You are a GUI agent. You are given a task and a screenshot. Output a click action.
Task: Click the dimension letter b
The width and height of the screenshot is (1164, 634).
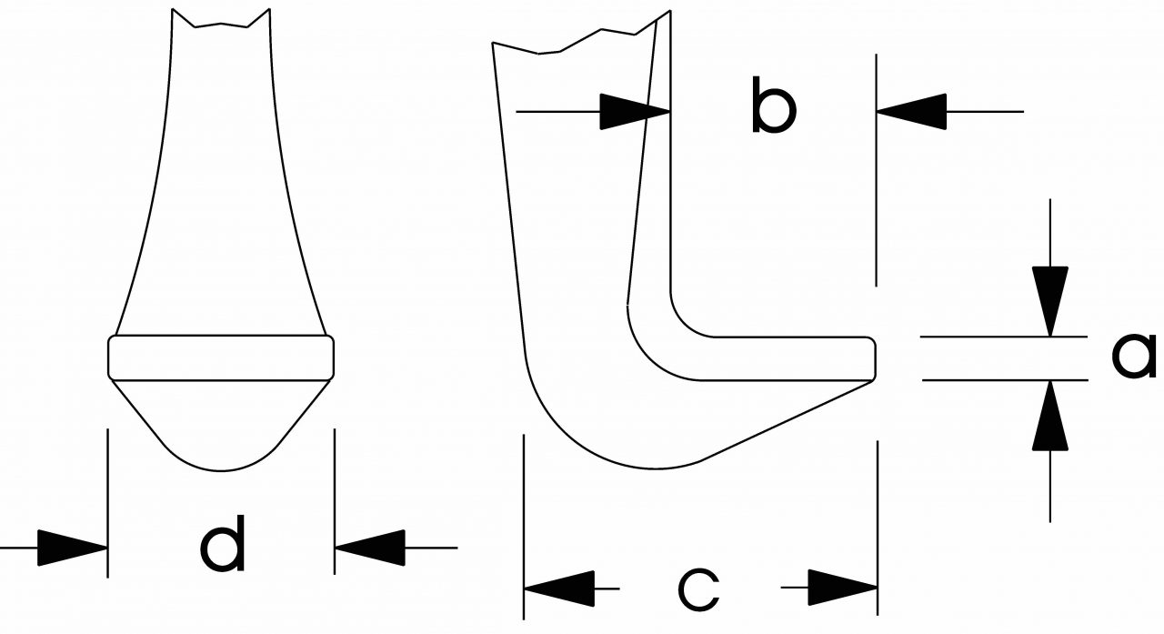pos(773,107)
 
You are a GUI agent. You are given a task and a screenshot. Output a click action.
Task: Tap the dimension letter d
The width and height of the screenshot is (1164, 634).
pos(223,545)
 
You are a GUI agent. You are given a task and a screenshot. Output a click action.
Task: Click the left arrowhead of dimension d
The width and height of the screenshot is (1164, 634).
pos(73,548)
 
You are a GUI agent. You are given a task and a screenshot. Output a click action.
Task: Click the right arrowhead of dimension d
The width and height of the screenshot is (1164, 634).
pos(369,548)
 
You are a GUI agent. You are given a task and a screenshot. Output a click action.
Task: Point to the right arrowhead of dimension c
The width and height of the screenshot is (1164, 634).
pos(842,588)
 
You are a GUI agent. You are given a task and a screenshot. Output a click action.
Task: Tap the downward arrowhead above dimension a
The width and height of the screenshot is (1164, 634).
pos(1050,301)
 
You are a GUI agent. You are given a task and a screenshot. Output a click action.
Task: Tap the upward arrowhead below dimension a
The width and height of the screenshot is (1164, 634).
pos(1050,417)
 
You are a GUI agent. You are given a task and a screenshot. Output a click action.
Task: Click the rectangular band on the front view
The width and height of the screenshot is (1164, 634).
pos(221,357)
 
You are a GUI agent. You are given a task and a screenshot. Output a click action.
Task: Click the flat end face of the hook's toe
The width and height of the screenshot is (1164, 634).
pos(875,357)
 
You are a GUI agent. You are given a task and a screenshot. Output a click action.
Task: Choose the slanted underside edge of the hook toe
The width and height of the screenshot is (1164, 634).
pos(782,418)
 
